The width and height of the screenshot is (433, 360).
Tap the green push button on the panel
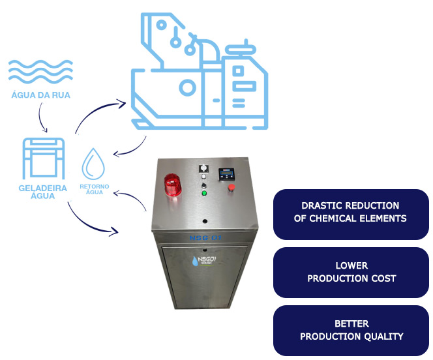tap(205, 192)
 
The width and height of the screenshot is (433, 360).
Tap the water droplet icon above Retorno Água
tap(93, 164)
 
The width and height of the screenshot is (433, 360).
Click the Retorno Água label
tap(94, 188)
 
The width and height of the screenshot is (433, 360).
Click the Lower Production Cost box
tap(350, 272)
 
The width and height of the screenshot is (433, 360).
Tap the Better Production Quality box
tap(350, 330)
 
